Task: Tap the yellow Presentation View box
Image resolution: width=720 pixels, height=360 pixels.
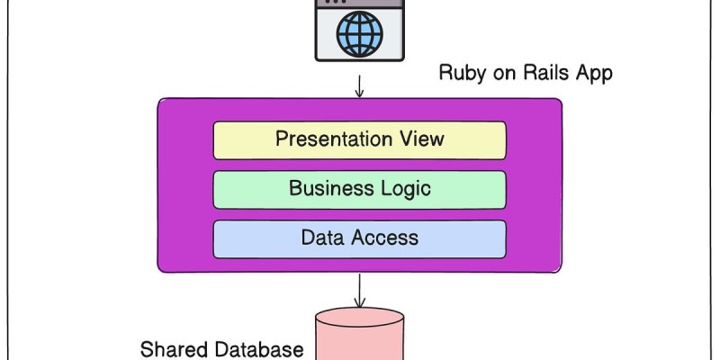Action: [359, 140]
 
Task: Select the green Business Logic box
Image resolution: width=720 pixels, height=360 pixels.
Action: [359, 189]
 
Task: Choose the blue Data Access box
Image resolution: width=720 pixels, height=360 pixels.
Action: [359, 238]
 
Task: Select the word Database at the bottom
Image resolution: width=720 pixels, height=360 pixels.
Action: [261, 349]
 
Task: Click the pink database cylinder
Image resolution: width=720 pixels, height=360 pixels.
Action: [359, 337]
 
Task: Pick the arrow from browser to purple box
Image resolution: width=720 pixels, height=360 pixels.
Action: [360, 86]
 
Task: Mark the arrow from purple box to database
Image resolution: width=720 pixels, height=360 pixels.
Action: [360, 290]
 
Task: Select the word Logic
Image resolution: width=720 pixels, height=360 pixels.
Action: [403, 188]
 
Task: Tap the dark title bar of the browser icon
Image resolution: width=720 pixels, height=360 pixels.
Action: [360, 4]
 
